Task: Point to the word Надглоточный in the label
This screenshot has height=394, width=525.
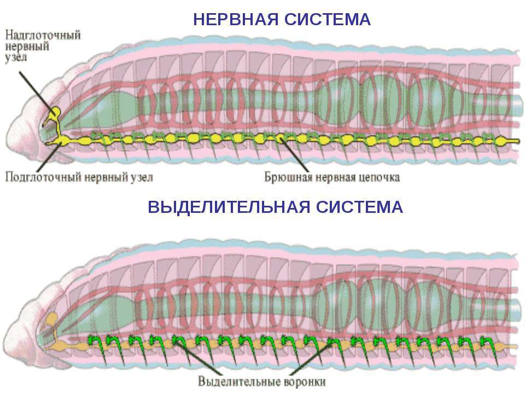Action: click(x=43, y=34)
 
